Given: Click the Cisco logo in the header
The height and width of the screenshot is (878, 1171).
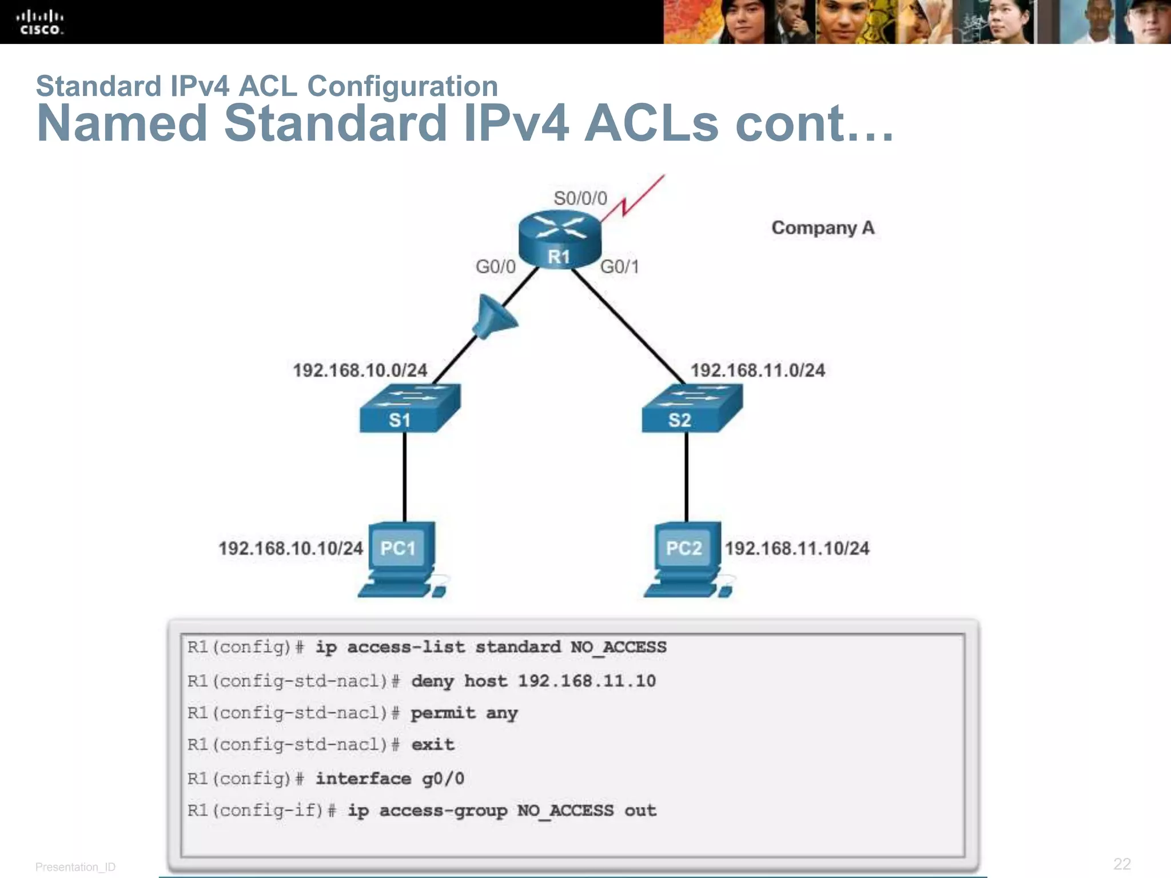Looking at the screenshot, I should (40, 22).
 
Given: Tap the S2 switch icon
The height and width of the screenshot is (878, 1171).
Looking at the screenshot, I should (691, 409).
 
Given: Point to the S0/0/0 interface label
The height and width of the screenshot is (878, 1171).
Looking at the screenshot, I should (580, 198).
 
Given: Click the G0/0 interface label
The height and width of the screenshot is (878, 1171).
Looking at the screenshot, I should (495, 266).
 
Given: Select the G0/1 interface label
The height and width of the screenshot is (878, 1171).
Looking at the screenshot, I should (619, 266).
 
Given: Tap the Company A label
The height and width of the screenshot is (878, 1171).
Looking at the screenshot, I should (822, 228).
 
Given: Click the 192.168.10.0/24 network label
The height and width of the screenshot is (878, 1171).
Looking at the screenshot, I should (360, 370).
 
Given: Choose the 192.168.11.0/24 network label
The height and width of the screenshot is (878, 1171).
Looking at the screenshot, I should (758, 370).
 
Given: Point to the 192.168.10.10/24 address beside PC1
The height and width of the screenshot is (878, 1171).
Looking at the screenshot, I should (290, 549).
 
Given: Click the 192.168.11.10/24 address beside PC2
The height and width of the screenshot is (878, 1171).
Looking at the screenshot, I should (797, 549).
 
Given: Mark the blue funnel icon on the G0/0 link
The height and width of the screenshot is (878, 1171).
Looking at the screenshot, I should (493, 318).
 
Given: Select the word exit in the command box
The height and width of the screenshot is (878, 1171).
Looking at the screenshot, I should (433, 745).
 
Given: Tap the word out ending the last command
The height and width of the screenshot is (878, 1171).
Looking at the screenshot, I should (640, 811).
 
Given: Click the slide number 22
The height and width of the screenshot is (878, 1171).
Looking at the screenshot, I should (1121, 864).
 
